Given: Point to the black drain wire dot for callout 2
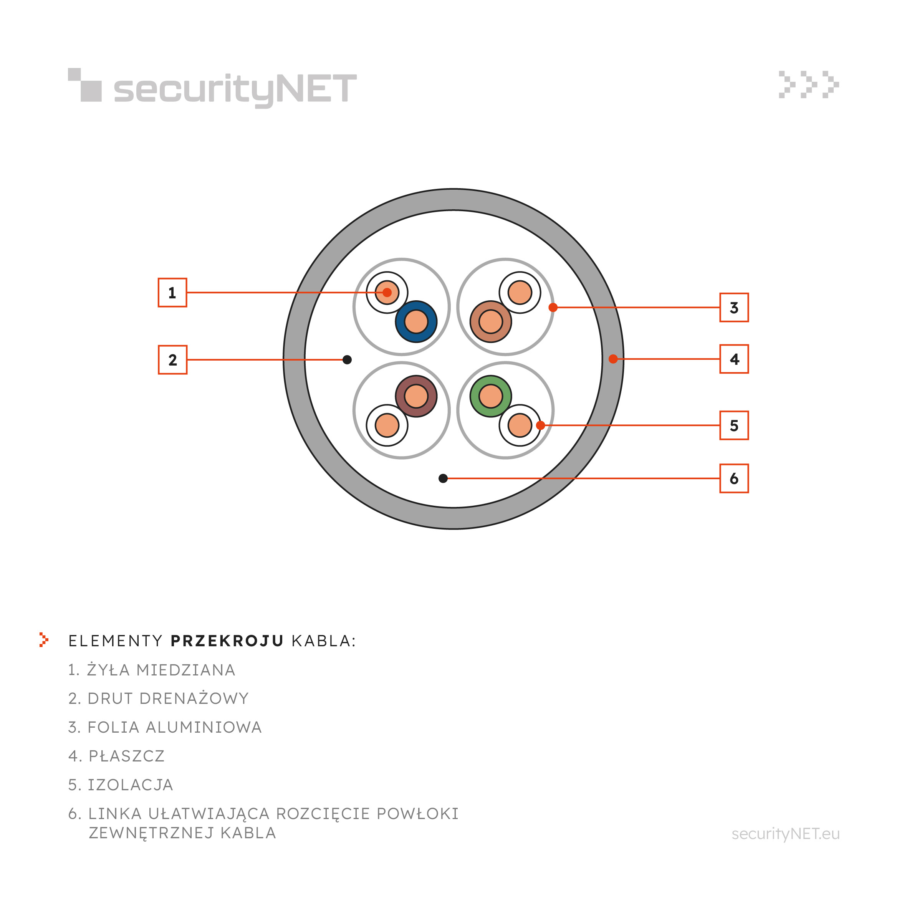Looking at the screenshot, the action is (347, 359).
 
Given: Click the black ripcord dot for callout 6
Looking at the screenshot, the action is (443, 478).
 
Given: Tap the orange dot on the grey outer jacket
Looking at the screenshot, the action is (613, 359).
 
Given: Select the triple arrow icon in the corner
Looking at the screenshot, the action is (808, 84).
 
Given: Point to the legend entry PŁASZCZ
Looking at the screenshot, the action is (116, 756).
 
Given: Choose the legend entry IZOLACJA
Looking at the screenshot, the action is (121, 785).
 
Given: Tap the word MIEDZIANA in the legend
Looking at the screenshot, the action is (186, 670).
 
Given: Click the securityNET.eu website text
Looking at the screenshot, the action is (785, 834).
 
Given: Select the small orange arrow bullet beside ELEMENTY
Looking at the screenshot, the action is (44, 639).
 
